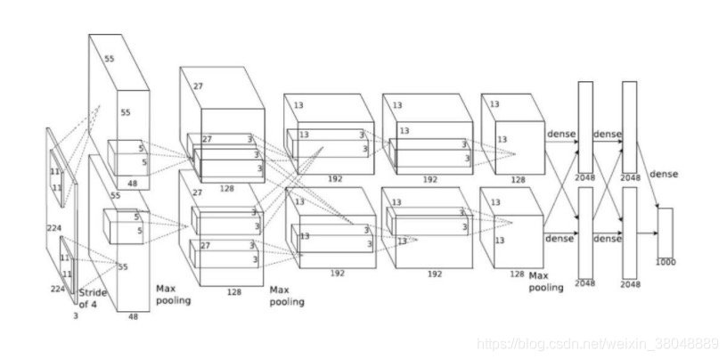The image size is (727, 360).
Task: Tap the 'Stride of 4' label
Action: point(94,299)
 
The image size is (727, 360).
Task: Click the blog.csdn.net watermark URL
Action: point(597,343)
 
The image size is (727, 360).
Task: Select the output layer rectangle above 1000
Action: point(665,232)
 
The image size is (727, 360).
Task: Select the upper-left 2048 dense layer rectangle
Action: point(585,127)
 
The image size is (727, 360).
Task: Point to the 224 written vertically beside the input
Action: point(53,228)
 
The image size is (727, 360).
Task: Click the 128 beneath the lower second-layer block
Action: point(233,291)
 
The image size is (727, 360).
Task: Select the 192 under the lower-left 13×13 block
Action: point(338,274)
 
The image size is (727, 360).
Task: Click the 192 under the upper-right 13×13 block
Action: point(430,179)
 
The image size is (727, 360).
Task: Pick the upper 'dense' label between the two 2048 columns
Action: point(608,134)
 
